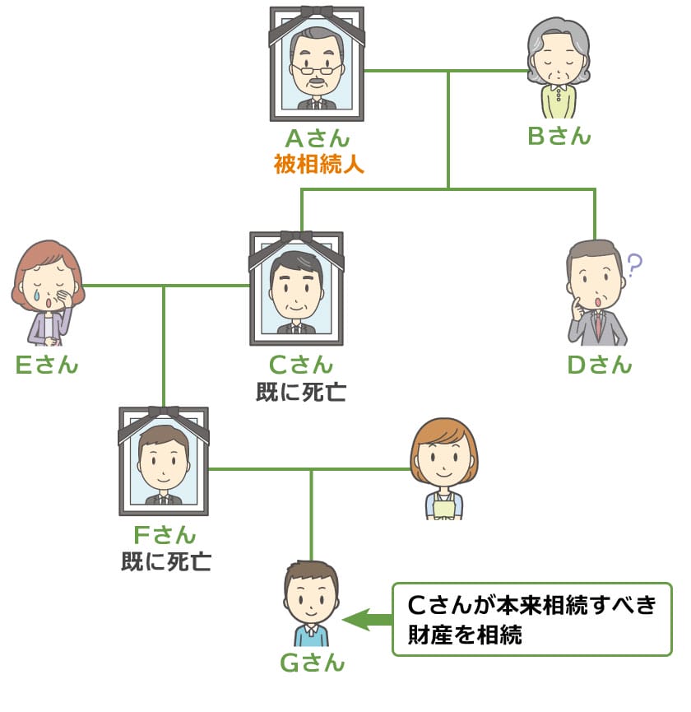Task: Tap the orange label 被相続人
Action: [318, 164]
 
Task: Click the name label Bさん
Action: [559, 136]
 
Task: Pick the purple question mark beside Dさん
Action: [633, 265]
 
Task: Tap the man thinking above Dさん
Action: [596, 293]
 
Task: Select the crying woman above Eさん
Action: [48, 292]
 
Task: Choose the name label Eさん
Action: [47, 364]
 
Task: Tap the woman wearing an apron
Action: [443, 469]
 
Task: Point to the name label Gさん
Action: [313, 663]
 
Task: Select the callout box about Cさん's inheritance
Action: [531, 619]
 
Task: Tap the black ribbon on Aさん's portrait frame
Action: [317, 12]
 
